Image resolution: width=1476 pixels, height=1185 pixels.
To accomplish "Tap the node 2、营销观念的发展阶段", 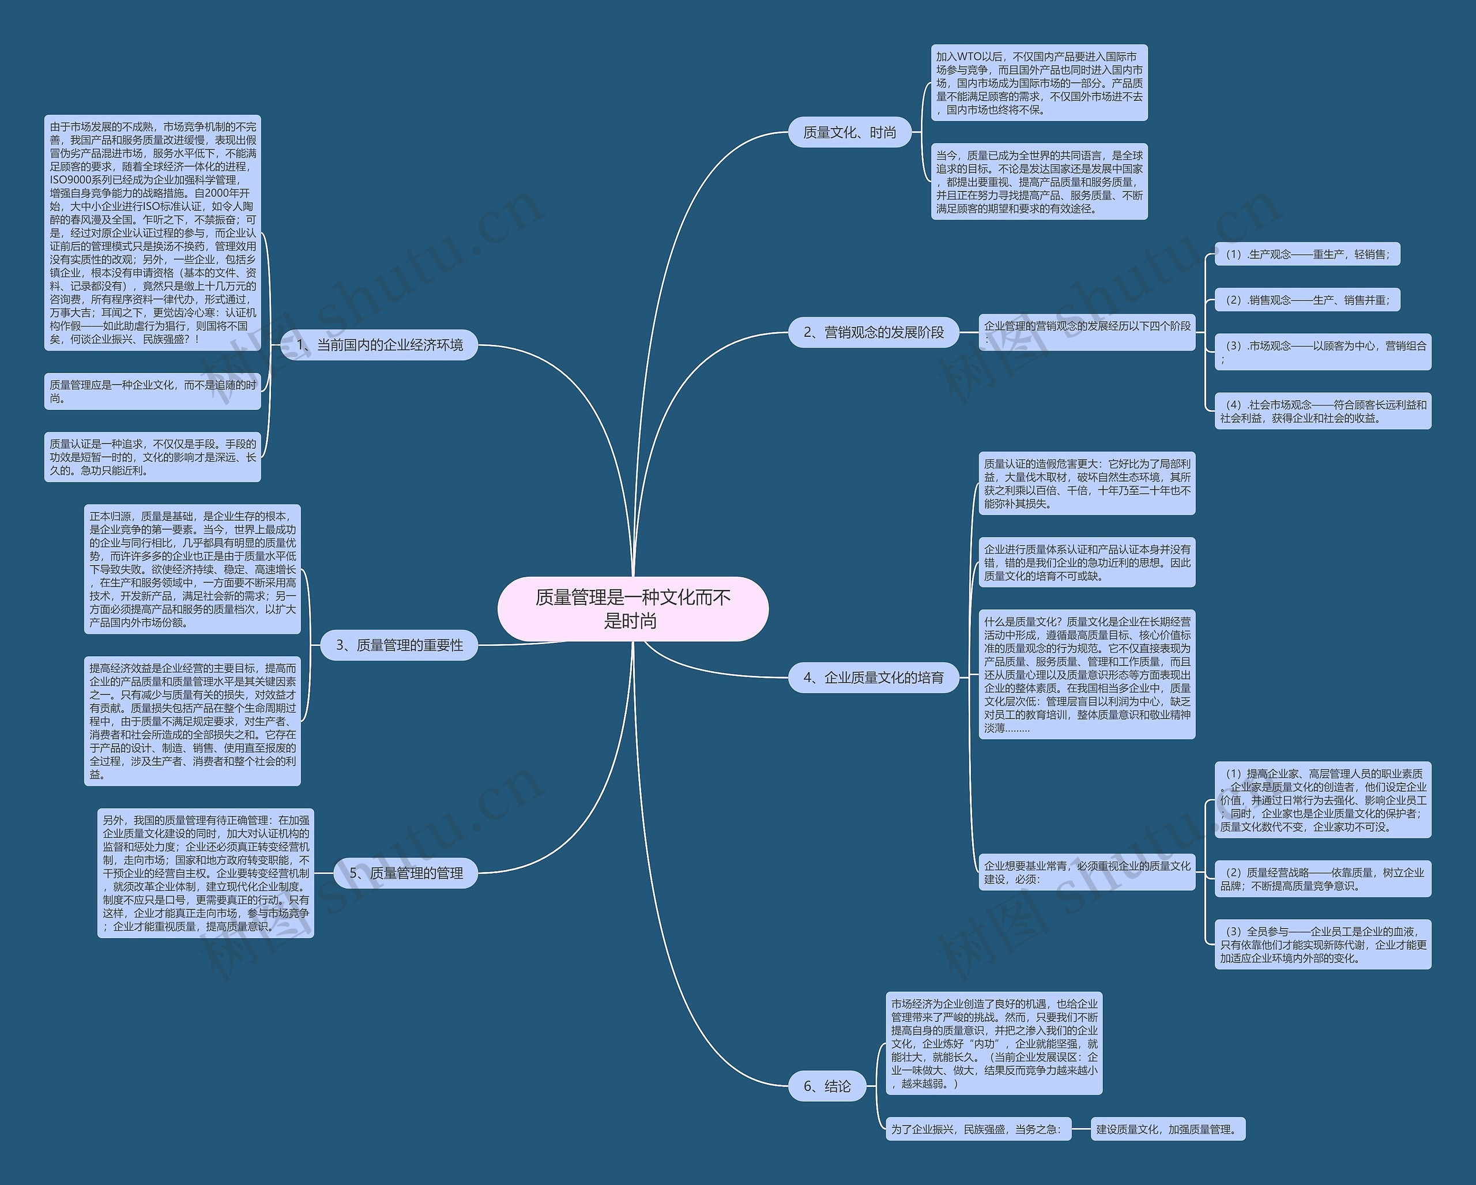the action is coord(873,332).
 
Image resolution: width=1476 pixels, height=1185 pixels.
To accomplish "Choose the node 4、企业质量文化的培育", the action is coord(873,677).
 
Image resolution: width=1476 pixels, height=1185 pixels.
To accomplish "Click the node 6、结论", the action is coord(826,1086).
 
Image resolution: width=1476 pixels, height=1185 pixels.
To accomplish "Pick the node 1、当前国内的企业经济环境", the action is coord(379,344).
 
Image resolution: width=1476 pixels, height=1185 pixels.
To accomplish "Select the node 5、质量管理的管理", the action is coord(405,873).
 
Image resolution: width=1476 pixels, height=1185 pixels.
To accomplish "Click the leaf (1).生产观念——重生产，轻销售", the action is coord(1307,254).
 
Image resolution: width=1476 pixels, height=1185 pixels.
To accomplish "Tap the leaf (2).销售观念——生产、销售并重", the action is coord(1307,300).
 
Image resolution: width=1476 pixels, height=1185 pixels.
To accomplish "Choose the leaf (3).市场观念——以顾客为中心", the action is coord(1322,352).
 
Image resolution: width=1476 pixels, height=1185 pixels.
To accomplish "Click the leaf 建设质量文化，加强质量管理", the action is coord(1167,1129).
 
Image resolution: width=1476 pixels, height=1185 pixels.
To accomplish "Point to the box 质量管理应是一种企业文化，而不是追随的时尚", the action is coord(153,392).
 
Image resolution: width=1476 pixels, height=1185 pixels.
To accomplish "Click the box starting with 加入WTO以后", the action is coord(1038,83).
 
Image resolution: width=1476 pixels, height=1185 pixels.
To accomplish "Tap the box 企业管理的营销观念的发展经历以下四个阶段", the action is coord(1086,332).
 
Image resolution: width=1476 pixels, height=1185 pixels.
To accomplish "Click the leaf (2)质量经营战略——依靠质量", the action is coord(1322,879).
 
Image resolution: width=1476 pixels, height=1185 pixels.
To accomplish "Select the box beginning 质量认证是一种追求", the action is coord(153,457).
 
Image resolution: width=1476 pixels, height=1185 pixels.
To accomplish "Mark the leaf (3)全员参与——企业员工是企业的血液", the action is coord(1322,945).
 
